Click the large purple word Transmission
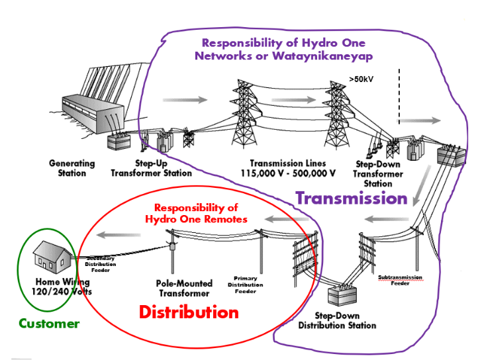pos(351,198)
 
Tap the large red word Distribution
pos(189,311)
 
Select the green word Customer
pos(49,324)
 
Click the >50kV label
pos(362,80)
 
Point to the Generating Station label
pos(72,168)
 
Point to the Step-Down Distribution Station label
pos(337,321)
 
